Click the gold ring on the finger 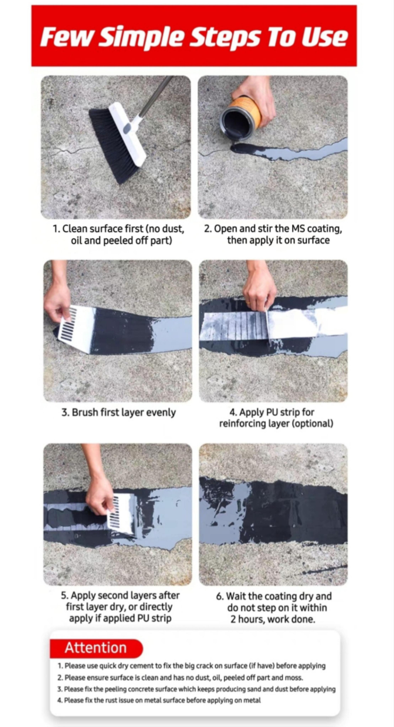click(x=248, y=303)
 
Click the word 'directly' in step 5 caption click(x=156, y=607)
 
